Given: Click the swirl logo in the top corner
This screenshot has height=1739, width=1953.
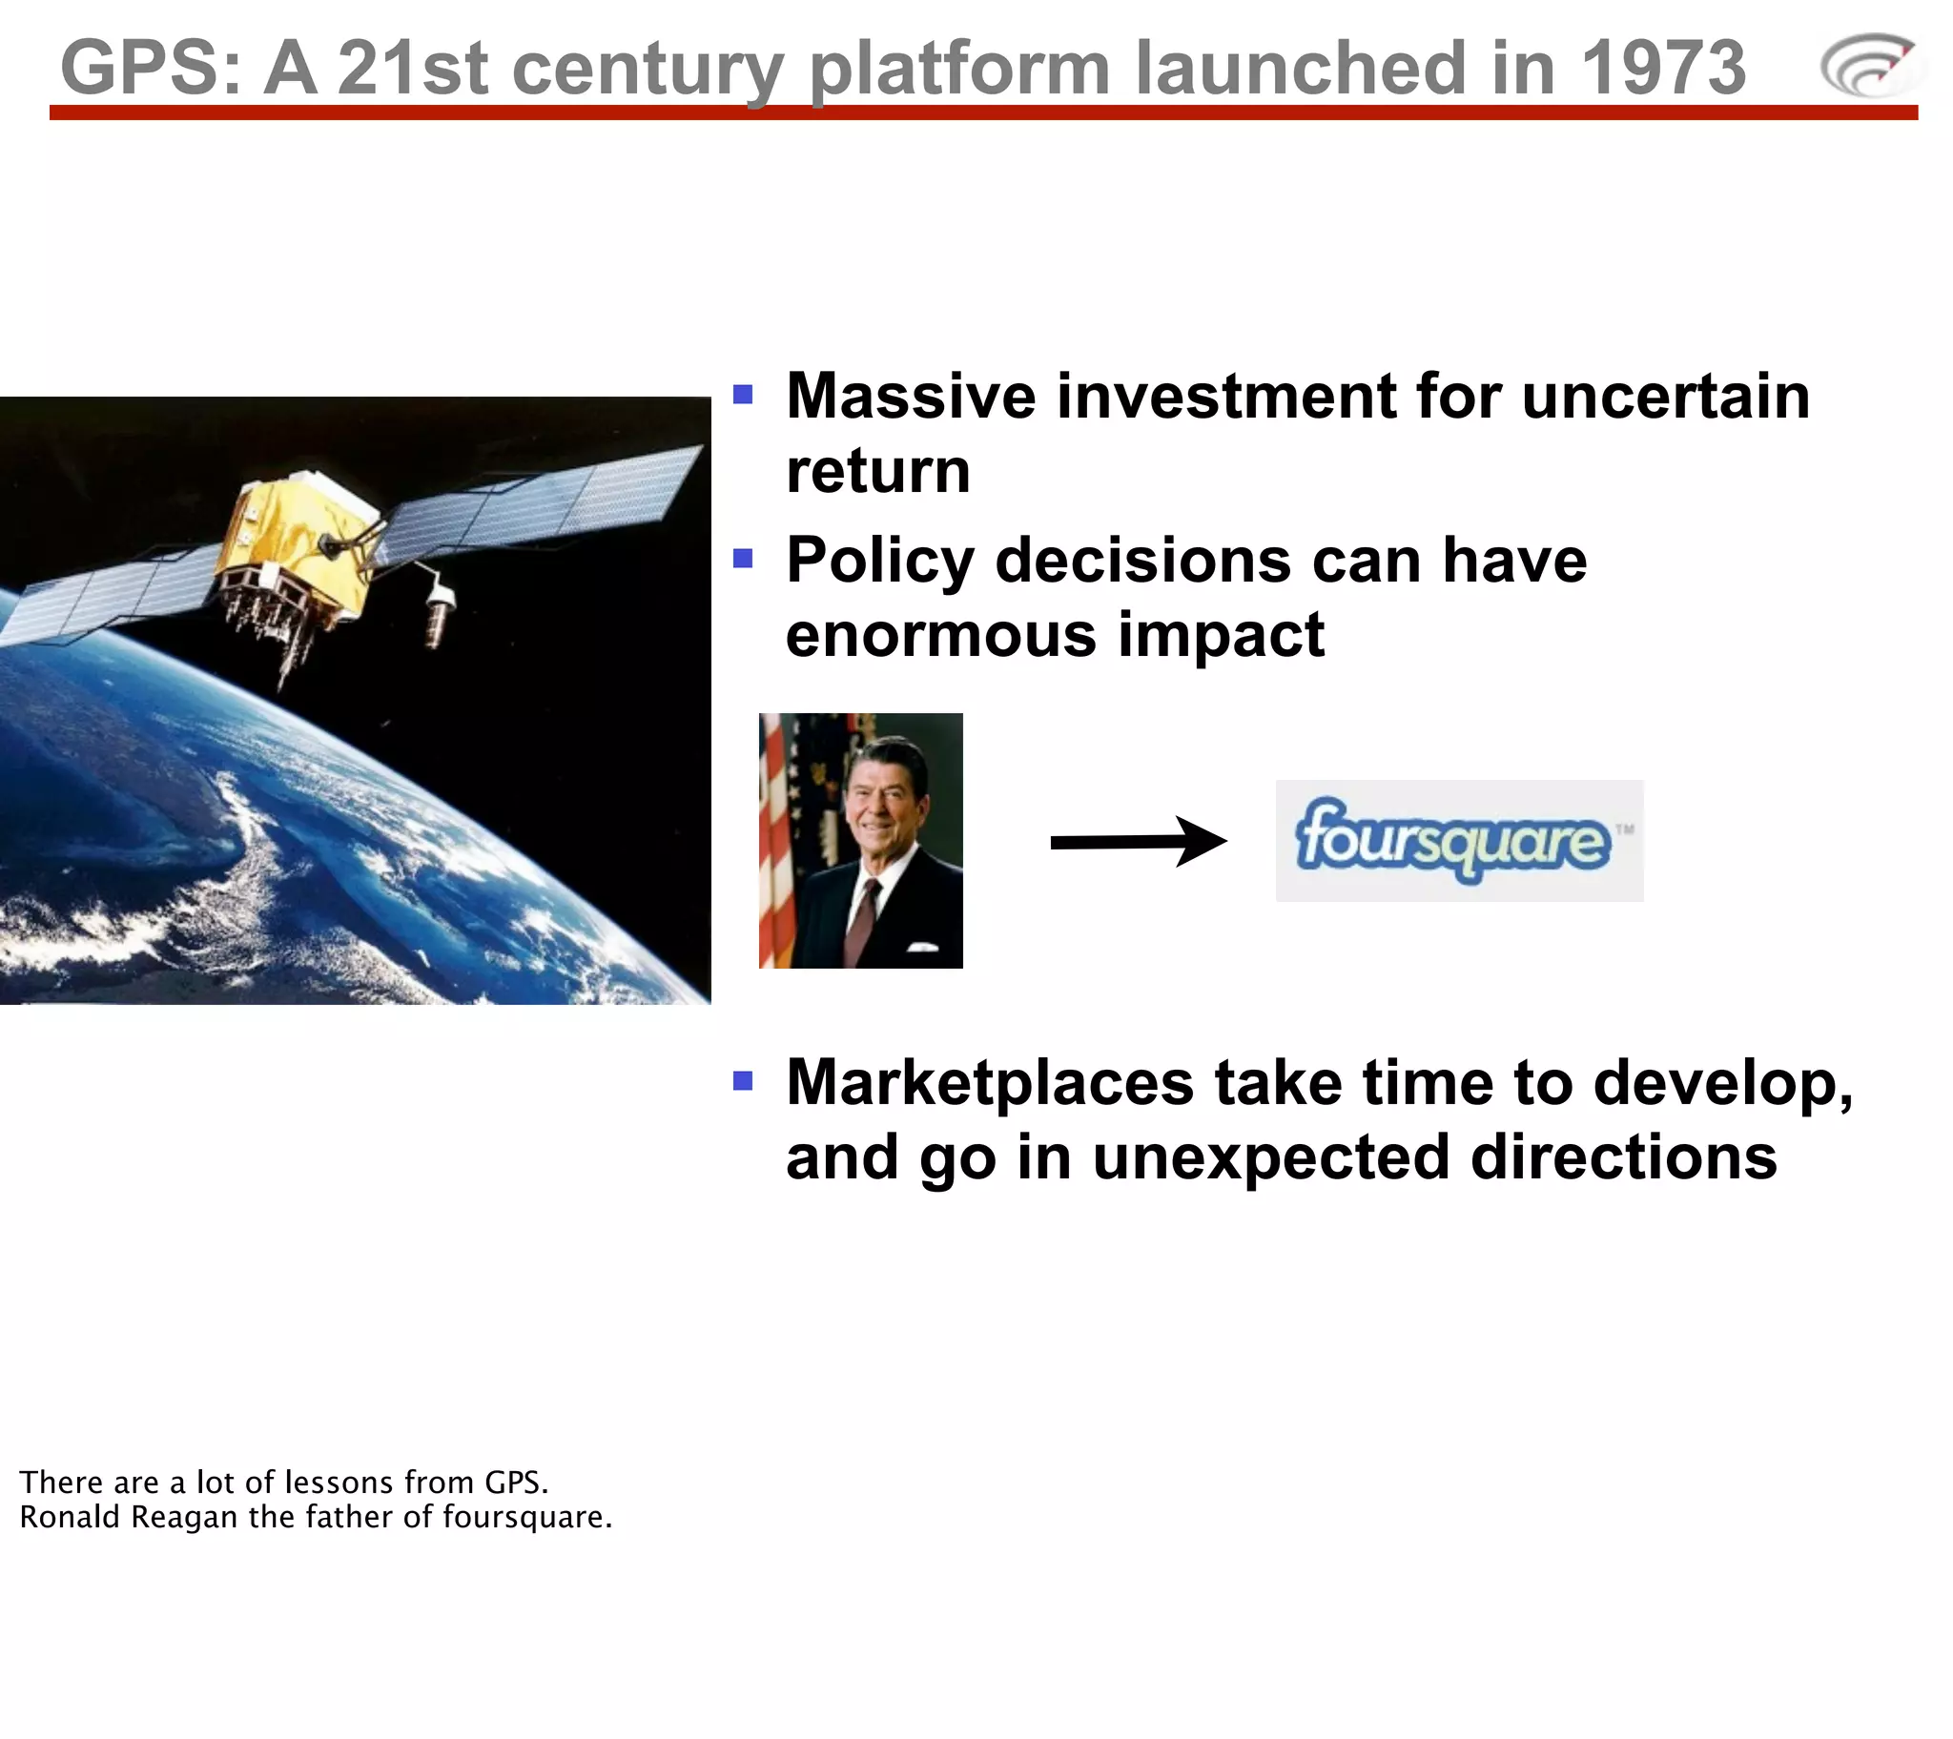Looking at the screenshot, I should [1867, 65].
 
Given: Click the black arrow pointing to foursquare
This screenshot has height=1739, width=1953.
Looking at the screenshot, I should [1137, 841].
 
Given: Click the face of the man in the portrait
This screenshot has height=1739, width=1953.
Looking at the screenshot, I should [881, 793].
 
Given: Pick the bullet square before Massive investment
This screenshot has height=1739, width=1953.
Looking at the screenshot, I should [743, 394].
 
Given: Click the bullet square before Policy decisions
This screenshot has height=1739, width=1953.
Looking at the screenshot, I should [743, 557].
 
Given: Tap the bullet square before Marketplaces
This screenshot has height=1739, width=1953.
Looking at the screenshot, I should [743, 1080].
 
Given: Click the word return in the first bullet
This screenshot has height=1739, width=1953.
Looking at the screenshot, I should [877, 471].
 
